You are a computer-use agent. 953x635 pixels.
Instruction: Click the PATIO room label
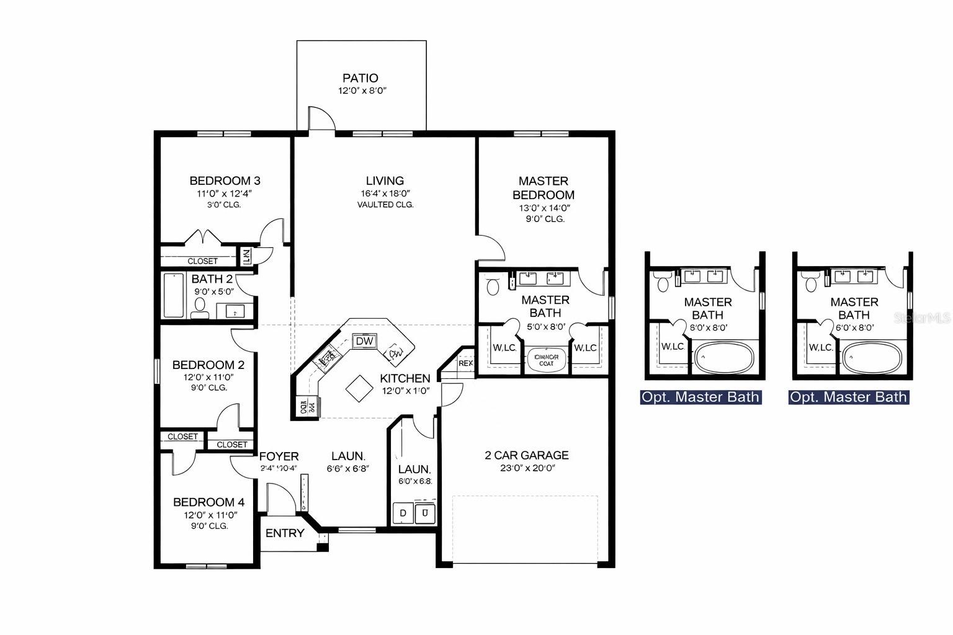point(360,78)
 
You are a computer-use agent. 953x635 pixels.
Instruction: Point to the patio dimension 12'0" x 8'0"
point(362,91)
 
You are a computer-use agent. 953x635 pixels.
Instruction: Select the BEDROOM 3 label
point(225,180)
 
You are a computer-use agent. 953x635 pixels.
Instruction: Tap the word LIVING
point(385,180)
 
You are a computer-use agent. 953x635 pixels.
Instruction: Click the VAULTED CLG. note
point(385,205)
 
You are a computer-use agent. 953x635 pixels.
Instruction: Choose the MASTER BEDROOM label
point(544,187)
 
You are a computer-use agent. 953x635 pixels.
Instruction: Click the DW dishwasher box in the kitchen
point(364,341)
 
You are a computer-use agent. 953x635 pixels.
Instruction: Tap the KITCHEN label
point(405,378)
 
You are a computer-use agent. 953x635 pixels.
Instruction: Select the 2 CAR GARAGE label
point(526,455)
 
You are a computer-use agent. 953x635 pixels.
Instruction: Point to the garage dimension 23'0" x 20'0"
point(526,468)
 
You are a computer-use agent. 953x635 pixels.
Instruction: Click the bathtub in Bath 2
point(174,295)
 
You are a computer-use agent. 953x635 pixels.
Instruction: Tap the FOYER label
point(279,456)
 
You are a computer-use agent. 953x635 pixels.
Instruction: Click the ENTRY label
point(285,533)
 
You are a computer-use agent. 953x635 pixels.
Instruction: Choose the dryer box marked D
point(403,513)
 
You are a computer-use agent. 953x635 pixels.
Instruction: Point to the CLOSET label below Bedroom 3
point(203,261)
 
